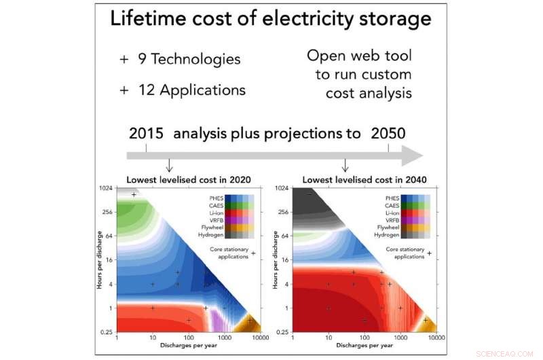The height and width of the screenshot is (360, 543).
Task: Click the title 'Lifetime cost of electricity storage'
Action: [271, 18]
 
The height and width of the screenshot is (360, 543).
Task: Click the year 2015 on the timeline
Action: [146, 133]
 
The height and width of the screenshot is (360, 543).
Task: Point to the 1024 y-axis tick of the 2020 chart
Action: [107, 188]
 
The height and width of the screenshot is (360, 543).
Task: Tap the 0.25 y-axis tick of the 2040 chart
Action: [282, 331]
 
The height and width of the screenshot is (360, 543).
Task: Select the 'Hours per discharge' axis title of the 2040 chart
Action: [274, 260]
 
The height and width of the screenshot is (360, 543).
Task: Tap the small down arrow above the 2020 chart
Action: [169, 166]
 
